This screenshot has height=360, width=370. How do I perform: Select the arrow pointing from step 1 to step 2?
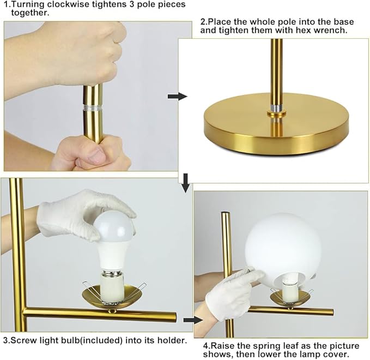coord(178,97)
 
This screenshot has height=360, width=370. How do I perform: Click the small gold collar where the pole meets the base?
coord(276,113)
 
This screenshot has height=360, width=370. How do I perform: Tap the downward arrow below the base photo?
coord(186,183)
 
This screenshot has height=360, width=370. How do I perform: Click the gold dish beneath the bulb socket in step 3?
coord(111,297)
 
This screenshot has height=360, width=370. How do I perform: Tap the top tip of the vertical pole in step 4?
coord(225,213)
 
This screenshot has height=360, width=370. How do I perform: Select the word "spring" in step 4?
coord(264,346)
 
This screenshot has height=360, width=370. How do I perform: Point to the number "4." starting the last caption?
coord(207,346)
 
